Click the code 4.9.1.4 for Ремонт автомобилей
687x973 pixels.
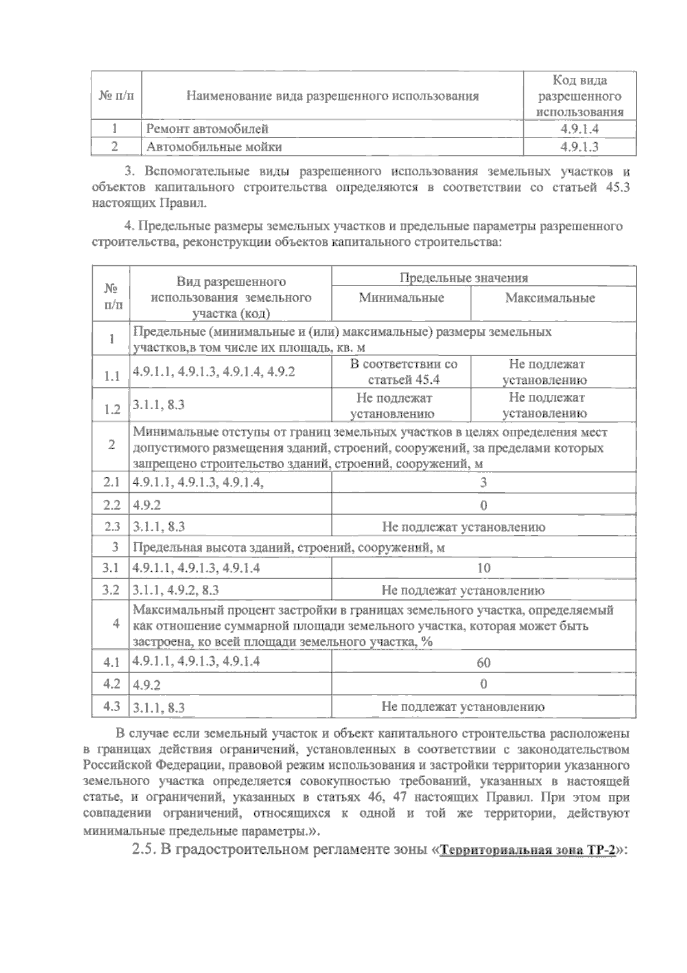[x=579, y=129]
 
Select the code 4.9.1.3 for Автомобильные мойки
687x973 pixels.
[x=579, y=147]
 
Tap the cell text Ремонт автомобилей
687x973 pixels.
[x=207, y=129]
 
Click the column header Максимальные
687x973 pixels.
[x=550, y=298]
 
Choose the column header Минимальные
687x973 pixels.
[x=401, y=298]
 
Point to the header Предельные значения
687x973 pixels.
[x=463, y=278]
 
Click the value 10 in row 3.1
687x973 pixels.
[x=483, y=568]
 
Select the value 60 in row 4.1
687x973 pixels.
[x=483, y=663]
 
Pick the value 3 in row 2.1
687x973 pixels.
[x=483, y=482]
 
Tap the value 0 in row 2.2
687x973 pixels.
[x=483, y=505]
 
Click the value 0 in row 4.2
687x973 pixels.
[x=483, y=684]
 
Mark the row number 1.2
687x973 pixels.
[x=112, y=409]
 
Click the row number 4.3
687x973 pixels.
[x=112, y=706]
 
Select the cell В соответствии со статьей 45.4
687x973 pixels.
[x=403, y=372]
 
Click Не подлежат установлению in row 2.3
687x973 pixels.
[x=463, y=527]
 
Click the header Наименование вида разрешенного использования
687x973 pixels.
[x=332, y=96]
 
